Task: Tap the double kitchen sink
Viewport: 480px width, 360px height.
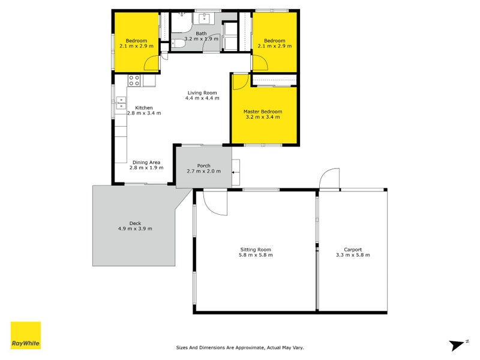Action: click(121, 104)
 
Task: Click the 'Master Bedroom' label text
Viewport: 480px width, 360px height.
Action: click(262, 112)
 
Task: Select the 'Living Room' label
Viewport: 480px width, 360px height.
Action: click(202, 93)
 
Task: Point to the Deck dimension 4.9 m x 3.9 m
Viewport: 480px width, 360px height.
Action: click(135, 229)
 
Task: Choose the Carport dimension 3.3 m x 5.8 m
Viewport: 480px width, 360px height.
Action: click(353, 255)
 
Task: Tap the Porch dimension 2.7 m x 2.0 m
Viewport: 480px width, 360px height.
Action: click(204, 171)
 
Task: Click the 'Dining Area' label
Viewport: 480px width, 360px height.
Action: click(146, 162)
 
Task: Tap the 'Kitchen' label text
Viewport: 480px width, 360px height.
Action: click(144, 107)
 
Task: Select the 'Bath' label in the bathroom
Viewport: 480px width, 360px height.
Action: click(201, 34)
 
